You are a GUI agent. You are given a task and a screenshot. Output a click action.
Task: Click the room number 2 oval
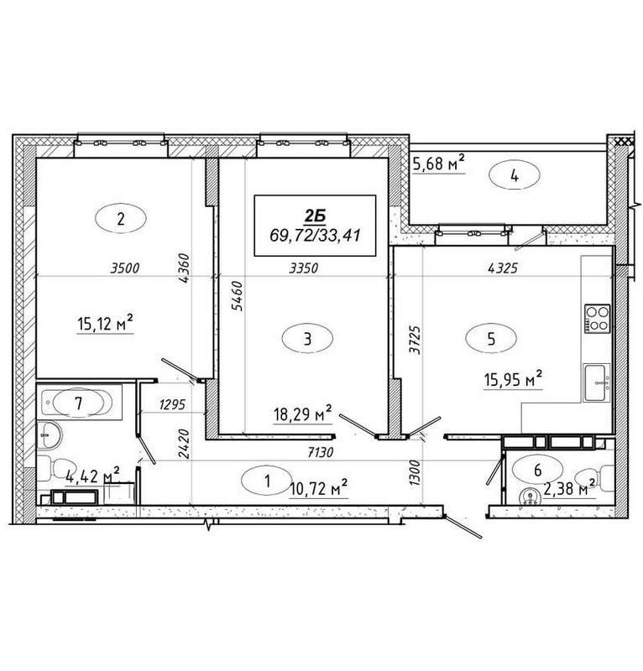pos(121,220)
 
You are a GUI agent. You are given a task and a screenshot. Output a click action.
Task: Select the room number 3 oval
pos(308,339)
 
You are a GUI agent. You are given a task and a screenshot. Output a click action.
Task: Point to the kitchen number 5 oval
pos(491,339)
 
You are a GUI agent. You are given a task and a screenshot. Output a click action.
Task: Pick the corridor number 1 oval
pos(267,481)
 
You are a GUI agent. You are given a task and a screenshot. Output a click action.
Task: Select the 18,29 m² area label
pos(303,412)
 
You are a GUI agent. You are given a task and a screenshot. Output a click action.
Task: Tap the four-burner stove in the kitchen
pos(597,318)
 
